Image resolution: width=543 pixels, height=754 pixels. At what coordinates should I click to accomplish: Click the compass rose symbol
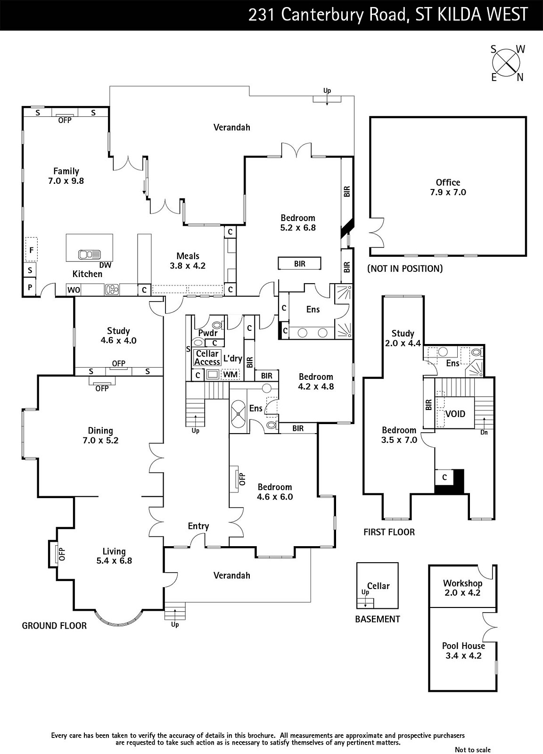click(507, 63)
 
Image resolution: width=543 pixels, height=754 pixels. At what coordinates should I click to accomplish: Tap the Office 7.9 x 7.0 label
click(448, 187)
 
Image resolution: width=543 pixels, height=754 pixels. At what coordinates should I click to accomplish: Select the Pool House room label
click(463, 651)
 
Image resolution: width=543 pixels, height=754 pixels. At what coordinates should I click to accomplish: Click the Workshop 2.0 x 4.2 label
click(462, 588)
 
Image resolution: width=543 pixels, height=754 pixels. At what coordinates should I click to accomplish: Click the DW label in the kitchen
click(106, 265)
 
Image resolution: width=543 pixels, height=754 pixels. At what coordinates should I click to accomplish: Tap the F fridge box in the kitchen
click(31, 250)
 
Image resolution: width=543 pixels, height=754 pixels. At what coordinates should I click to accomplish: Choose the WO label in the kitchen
click(74, 290)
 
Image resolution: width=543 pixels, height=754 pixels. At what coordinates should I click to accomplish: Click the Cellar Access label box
click(207, 358)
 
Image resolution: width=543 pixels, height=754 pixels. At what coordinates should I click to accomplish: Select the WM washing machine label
click(230, 375)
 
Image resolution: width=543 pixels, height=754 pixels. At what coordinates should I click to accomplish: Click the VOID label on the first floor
click(455, 414)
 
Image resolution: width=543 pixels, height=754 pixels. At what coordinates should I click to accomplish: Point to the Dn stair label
click(484, 432)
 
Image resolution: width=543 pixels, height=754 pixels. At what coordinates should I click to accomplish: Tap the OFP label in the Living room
click(61, 554)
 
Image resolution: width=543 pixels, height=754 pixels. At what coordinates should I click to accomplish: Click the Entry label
click(198, 526)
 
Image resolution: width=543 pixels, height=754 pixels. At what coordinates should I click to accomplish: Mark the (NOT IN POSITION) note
click(405, 269)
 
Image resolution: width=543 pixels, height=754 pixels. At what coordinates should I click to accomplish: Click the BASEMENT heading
click(377, 619)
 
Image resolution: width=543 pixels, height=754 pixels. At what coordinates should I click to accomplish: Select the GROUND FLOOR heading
click(54, 626)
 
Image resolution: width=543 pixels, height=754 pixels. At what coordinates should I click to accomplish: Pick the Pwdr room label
click(208, 333)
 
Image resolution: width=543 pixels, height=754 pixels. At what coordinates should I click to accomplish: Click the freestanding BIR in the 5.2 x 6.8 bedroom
click(300, 263)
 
